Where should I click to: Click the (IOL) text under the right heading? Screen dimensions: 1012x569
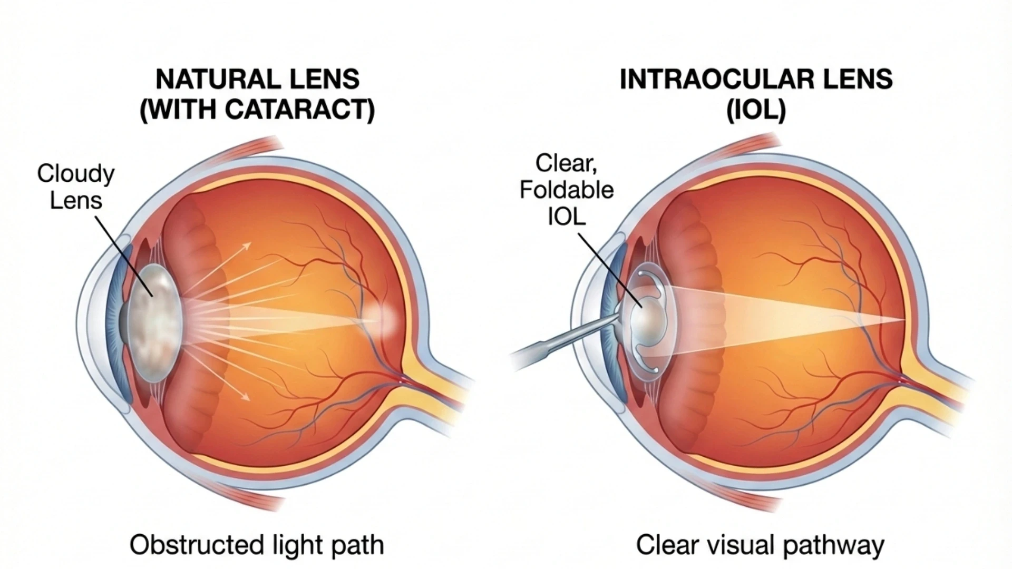pos(756,111)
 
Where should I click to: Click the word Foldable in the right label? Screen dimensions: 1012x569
pos(567,190)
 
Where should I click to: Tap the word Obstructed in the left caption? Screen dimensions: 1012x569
pos(190,544)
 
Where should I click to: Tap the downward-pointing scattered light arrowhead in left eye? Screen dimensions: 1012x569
pos(246,397)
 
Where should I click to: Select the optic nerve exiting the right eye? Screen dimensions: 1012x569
pos(938,393)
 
